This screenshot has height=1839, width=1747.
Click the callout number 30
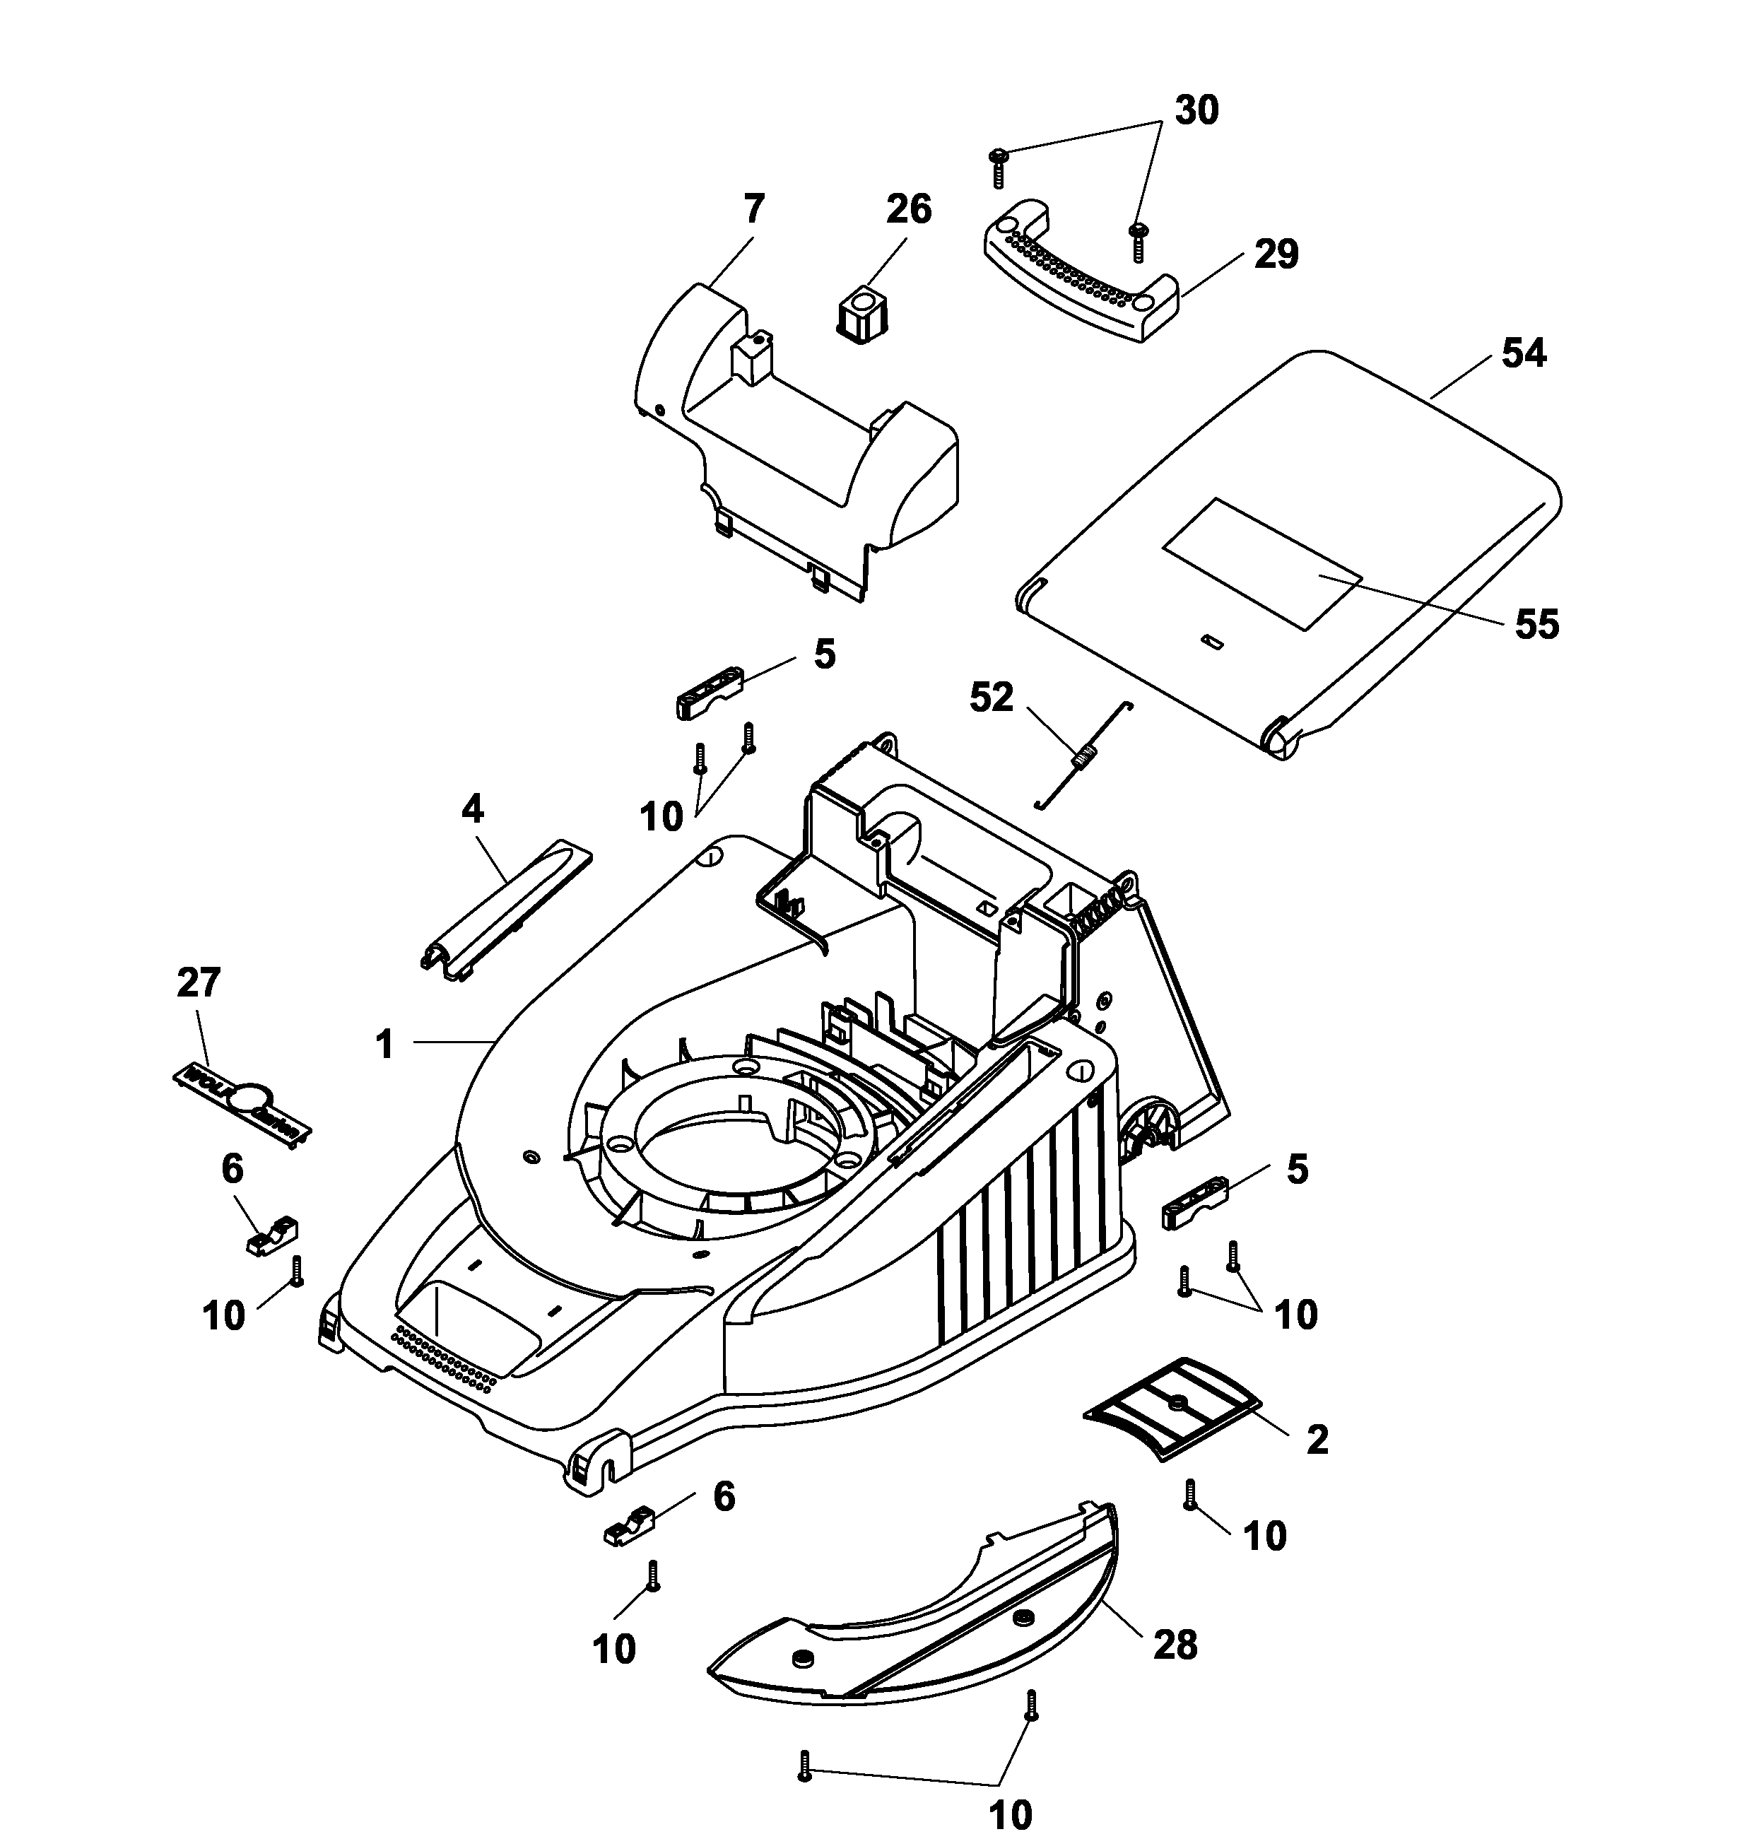[x=1196, y=110]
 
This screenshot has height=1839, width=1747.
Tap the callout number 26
[x=908, y=209]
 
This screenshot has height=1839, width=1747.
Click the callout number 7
[x=753, y=208]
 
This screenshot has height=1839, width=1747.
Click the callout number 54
[x=1524, y=354]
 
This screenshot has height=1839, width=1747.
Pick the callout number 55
[x=1536, y=624]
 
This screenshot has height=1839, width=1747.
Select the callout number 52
[x=991, y=698]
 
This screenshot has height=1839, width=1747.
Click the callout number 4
[x=472, y=809]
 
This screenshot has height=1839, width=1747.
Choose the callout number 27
[x=199, y=982]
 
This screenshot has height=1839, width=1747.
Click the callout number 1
[x=384, y=1044]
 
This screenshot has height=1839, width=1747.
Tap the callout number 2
[x=1317, y=1440]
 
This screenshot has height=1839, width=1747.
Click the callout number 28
[x=1175, y=1645]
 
